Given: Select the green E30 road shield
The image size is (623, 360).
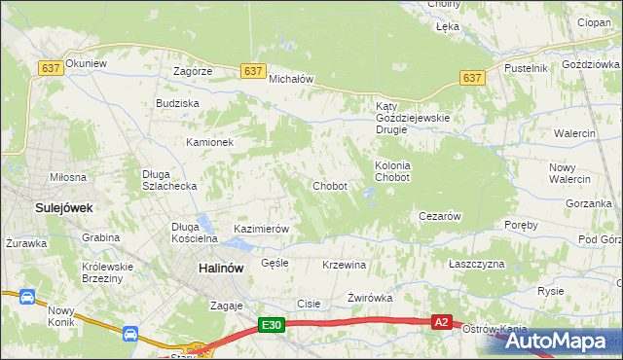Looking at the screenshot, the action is pos(272,326).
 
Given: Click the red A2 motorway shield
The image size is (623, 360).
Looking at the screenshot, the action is pos(442,322).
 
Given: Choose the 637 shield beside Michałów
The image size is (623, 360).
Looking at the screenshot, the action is pos(253,71).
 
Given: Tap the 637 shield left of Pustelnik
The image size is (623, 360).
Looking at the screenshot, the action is pos(472,77).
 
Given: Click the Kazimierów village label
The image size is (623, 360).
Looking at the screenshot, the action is pos(262,229).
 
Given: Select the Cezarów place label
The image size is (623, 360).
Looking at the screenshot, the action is pos(438,216).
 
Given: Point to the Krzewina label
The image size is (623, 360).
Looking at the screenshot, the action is pos(344,265).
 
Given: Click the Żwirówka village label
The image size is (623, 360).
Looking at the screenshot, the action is pos(369,298).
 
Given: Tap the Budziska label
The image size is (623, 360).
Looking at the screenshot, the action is pos(177,102).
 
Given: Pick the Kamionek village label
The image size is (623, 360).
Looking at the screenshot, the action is pos(210,142).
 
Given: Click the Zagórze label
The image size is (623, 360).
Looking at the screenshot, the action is pos(193,71).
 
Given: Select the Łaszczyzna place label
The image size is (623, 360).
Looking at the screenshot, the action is pos(477,265).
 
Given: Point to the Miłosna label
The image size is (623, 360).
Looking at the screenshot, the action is pos(68,177).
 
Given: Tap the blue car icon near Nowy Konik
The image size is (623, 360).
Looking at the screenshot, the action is pos(129,334).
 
